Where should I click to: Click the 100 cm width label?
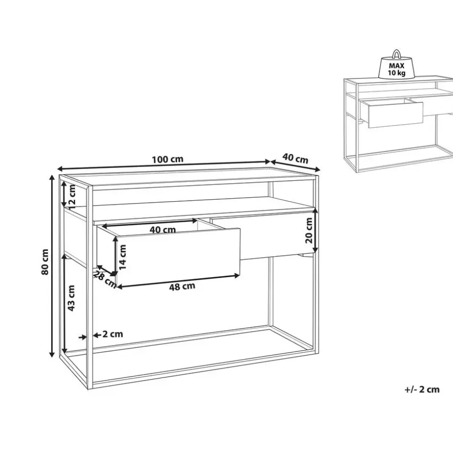coord(167,159)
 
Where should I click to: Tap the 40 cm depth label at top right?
coord(295,159)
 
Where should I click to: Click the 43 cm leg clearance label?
coord(72,298)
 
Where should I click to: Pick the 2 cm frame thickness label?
coord(112,334)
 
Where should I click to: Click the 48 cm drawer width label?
coord(182,286)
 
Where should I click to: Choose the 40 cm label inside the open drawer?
coord(162,229)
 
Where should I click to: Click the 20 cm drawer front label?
coord(308,230)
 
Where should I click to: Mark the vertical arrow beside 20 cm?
coord(316,230)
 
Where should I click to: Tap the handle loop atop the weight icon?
coord(397,54)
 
